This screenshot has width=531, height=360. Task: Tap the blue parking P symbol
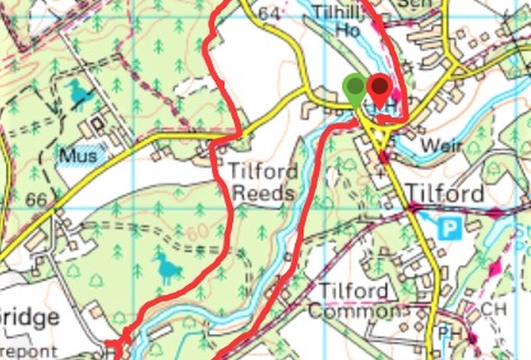coord(448,227)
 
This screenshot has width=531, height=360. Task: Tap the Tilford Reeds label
coord(261,180)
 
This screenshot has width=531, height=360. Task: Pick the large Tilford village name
coord(445,193)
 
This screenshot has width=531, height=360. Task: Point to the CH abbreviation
coord(489,309)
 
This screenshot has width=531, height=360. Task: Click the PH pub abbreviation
coord(448,336)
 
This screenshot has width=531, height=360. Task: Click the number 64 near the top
coord(268,13)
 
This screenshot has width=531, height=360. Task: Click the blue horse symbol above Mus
coord(76,93)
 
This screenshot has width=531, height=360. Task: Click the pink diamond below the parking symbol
coord(493,266)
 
